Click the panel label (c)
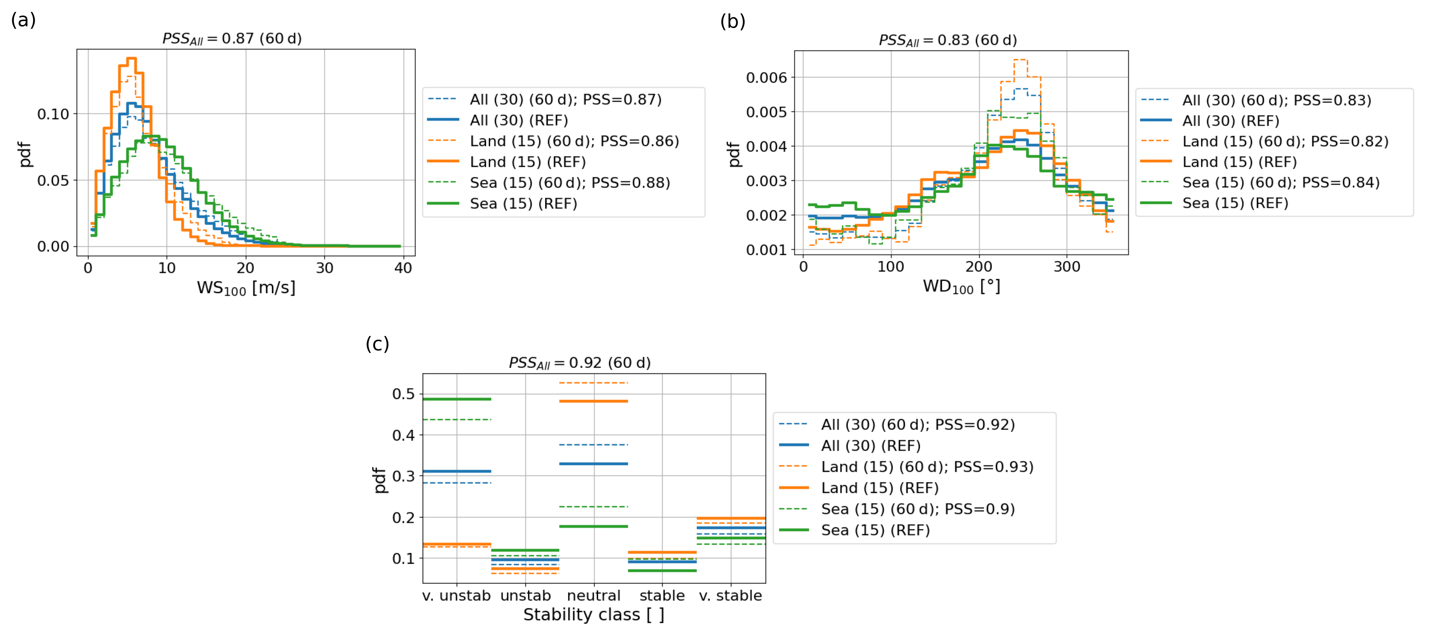pyautogui.click(x=378, y=344)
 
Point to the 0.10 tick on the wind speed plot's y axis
pyautogui.click(x=53, y=114)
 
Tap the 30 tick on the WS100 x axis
pyautogui.click(x=324, y=268)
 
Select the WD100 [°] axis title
pyautogui.click(x=962, y=287)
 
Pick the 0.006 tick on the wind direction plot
pyautogui.click(x=767, y=77)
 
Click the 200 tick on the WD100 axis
pyautogui.click(x=979, y=266)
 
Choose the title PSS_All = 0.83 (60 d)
pyautogui.click(x=948, y=40)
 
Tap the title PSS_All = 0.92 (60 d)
pyautogui.click(x=580, y=363)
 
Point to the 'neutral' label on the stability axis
pyautogui.click(x=594, y=595)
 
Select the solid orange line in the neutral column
pyautogui.click(x=594, y=401)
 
